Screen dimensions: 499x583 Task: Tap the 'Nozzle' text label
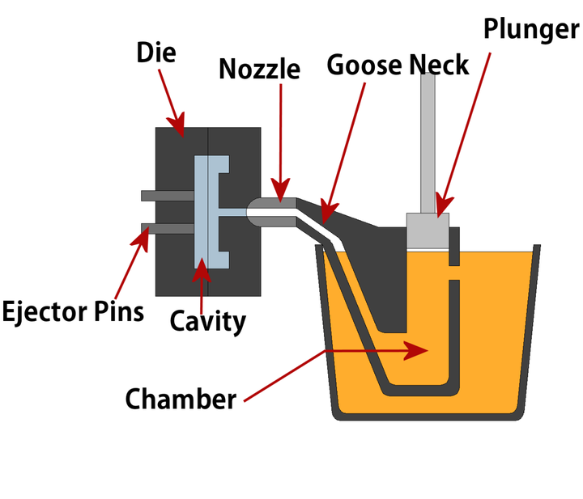click(259, 69)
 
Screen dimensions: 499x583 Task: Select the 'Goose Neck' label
click(398, 65)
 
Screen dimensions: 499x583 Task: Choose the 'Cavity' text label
click(207, 321)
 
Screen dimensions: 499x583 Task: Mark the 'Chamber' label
click(181, 399)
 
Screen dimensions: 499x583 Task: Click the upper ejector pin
click(167, 196)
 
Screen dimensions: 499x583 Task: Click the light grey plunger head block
click(427, 230)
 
